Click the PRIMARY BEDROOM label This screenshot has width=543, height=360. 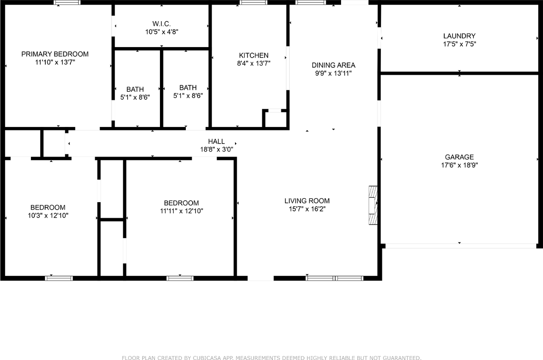coord(55,54)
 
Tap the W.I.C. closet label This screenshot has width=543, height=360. coord(162,23)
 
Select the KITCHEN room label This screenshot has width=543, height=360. coord(254,55)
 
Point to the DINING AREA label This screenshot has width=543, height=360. coord(333,65)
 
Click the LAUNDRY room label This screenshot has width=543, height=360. coord(459,36)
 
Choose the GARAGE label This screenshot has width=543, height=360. coord(459,157)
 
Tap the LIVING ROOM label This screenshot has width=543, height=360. coord(307,201)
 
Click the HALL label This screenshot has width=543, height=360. coord(216,141)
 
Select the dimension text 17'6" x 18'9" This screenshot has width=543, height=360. coord(459,165)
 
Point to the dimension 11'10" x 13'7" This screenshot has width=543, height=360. coord(55,62)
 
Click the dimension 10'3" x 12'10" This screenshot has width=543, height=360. coord(48,215)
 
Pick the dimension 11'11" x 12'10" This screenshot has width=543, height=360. coord(182,211)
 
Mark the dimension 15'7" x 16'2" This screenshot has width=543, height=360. coord(307,209)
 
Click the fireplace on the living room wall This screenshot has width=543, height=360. coord(373,205)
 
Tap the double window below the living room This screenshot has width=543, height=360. coord(334,278)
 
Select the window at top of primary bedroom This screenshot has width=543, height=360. coord(67,3)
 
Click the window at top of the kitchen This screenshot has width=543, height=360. coord(253,3)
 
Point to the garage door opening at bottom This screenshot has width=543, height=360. coord(460,246)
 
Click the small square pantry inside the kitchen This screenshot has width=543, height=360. coord(275,119)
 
